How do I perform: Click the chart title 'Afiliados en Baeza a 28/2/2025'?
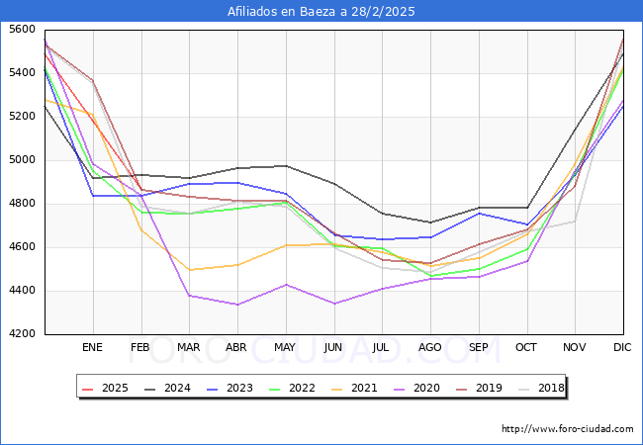(321, 12)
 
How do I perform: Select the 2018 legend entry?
(548, 388)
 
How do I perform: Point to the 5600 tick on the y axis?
(22, 30)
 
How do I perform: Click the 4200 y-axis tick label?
(22, 334)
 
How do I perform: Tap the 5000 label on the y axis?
(22, 160)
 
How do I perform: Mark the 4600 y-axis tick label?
(22, 247)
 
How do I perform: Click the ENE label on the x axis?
(92, 348)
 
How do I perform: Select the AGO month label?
(430, 348)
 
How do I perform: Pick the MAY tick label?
(285, 348)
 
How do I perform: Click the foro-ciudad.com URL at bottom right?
(567, 429)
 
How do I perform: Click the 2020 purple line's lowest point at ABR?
(236, 305)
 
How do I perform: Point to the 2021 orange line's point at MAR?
(188, 270)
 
